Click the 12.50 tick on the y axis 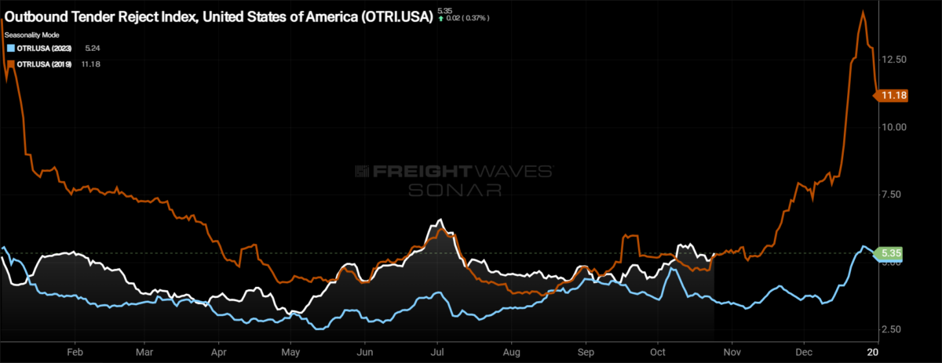coord(894,60)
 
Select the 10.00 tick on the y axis coord(894,127)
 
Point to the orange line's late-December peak coord(863,12)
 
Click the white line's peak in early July coord(441,220)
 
